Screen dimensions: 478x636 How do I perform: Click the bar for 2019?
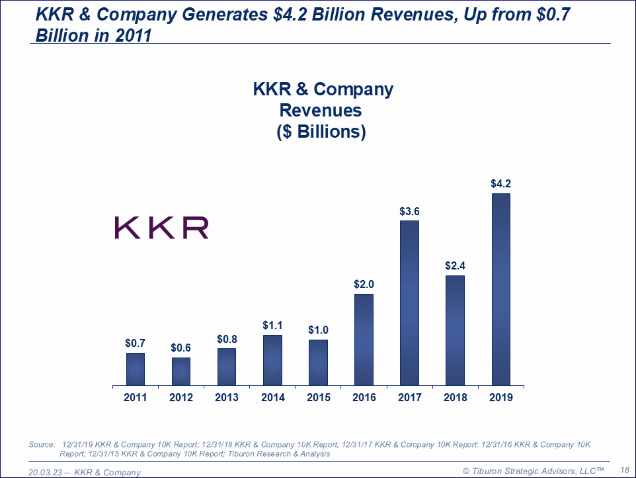coord(500,289)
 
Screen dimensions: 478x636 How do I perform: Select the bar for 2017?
coord(409,303)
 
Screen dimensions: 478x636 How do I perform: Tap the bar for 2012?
coord(180,371)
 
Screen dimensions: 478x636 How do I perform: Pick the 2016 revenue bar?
coord(364,339)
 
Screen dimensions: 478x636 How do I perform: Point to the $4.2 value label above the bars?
coord(500,184)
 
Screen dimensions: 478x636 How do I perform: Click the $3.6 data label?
coord(409,211)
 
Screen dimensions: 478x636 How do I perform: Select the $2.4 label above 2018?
coord(455,266)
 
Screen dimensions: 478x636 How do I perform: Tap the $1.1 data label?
coord(272,325)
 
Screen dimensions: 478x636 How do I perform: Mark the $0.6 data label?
coord(180,348)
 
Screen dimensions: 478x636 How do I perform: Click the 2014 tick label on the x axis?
coord(272,397)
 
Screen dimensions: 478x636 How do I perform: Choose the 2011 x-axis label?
coord(135,397)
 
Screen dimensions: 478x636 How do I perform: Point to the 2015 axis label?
coord(318,397)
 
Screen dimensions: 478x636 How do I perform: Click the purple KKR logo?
coord(162,227)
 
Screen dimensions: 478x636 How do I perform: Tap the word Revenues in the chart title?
coord(321,110)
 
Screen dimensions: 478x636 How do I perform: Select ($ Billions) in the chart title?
coord(321,131)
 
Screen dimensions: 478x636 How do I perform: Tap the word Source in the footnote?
coord(42,444)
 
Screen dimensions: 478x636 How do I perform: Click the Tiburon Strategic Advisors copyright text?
coord(533,470)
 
